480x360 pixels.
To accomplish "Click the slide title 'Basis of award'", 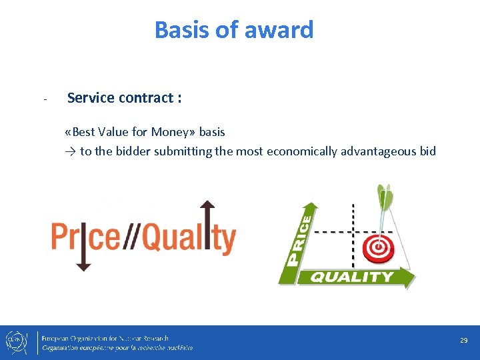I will pyautogui.click(x=234, y=30).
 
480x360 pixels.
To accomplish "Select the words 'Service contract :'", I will pyautogui.click(x=125, y=98).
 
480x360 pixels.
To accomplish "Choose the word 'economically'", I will pyautogui.click(x=301, y=151).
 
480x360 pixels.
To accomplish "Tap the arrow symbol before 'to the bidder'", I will pyautogui.click(x=71, y=151).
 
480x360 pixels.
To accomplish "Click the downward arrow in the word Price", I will pyautogui.click(x=83, y=247).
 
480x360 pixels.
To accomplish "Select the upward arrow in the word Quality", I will pyautogui.click(x=207, y=227).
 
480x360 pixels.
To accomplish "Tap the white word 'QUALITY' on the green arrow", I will pyautogui.click(x=352, y=277).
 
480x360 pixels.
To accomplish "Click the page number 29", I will pyautogui.click(x=463, y=340).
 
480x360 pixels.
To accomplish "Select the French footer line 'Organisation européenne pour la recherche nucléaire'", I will pyautogui.click(x=117, y=348).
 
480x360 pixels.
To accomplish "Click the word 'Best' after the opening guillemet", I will pyautogui.click(x=85, y=132).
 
